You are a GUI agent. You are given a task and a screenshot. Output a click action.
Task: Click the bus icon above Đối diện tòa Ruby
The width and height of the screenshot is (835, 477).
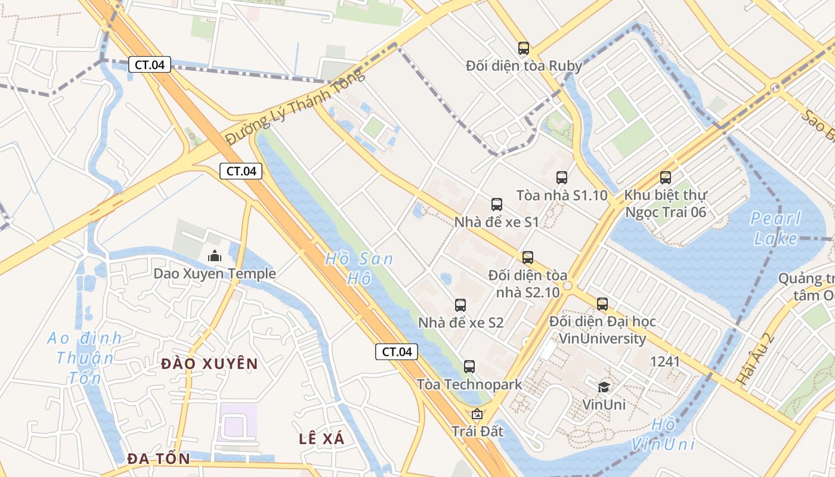(x=524, y=48)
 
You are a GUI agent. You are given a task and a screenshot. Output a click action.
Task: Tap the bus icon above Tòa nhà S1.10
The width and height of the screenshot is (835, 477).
(x=562, y=177)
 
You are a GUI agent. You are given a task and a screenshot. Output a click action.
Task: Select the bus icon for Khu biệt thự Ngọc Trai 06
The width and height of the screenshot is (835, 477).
(x=666, y=177)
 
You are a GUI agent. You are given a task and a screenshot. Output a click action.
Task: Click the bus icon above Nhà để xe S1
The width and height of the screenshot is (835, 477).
(x=497, y=205)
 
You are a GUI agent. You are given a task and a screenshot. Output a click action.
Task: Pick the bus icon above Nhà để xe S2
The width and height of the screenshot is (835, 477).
(x=460, y=305)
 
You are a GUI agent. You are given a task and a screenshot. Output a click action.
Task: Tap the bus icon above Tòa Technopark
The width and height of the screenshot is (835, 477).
(x=469, y=367)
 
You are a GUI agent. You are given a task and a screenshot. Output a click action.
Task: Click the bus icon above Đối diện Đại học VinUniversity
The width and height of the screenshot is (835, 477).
(x=602, y=304)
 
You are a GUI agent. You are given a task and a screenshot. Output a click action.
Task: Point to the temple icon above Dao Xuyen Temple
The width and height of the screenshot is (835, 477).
(x=215, y=256)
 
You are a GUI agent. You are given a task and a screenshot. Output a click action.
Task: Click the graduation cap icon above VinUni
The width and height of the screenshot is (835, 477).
(x=604, y=387)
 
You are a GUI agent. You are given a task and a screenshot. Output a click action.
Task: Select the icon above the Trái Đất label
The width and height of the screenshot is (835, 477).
(x=477, y=414)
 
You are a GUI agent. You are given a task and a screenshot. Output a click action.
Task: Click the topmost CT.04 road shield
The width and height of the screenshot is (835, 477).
(x=150, y=64)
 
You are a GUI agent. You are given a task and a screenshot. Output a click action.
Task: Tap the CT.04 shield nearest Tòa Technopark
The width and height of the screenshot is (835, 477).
(x=397, y=352)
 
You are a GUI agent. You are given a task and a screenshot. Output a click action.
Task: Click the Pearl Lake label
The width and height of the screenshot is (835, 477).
(x=775, y=228)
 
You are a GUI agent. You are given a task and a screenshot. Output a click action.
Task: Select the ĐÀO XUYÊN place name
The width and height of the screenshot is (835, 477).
(x=209, y=364)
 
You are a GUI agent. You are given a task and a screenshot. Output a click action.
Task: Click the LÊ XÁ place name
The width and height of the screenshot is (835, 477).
(x=321, y=439)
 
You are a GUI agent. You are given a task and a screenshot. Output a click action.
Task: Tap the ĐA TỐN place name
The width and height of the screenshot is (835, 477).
(x=159, y=459)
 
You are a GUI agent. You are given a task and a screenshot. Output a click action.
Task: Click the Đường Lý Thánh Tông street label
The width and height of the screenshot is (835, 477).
(x=295, y=107)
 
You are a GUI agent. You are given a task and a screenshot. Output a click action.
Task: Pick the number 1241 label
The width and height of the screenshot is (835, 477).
(x=665, y=361)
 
